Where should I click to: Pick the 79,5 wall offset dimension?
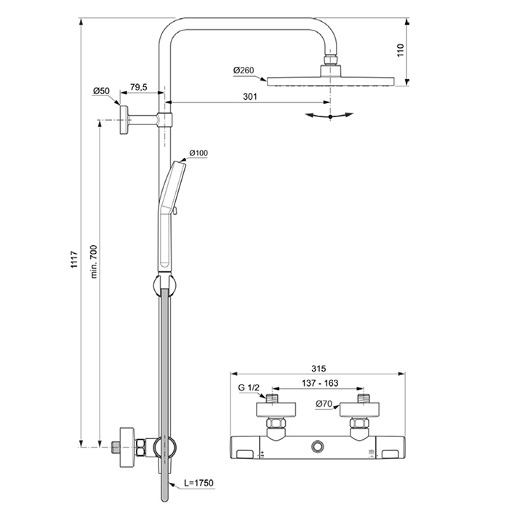[x=139, y=88]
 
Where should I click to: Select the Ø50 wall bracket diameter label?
[x=101, y=91]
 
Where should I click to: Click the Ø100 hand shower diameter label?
[x=199, y=153]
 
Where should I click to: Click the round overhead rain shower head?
[x=330, y=80]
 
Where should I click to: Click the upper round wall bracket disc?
[x=125, y=119]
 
